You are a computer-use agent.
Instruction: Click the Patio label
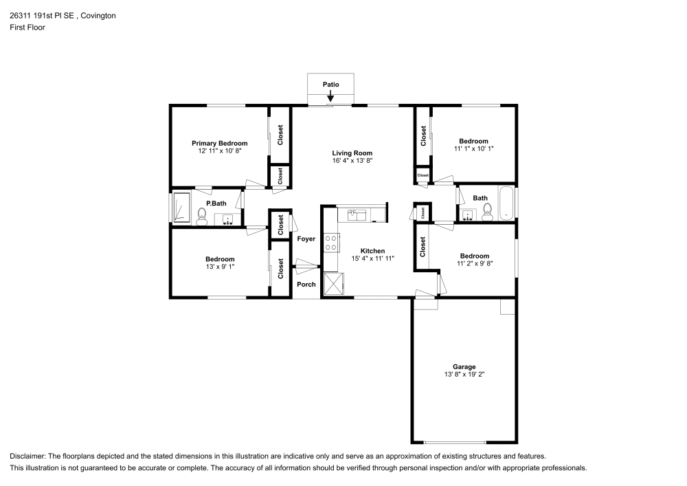(331, 85)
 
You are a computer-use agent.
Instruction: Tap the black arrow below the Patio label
(331, 98)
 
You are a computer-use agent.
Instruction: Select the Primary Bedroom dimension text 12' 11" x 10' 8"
(219, 151)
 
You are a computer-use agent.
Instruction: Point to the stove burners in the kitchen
(331, 242)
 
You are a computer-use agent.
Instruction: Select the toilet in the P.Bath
(202, 217)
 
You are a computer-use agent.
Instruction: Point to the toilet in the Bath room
(487, 214)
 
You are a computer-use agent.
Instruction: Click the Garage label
(464, 366)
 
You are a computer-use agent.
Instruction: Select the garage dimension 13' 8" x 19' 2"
(464, 375)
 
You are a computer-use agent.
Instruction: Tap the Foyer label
(306, 239)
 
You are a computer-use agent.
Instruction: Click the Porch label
(306, 285)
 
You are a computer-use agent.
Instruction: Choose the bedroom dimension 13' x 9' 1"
(220, 267)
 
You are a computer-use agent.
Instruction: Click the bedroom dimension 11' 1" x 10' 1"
(473, 148)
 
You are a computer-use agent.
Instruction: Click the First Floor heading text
(27, 27)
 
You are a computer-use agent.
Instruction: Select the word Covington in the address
(97, 16)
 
